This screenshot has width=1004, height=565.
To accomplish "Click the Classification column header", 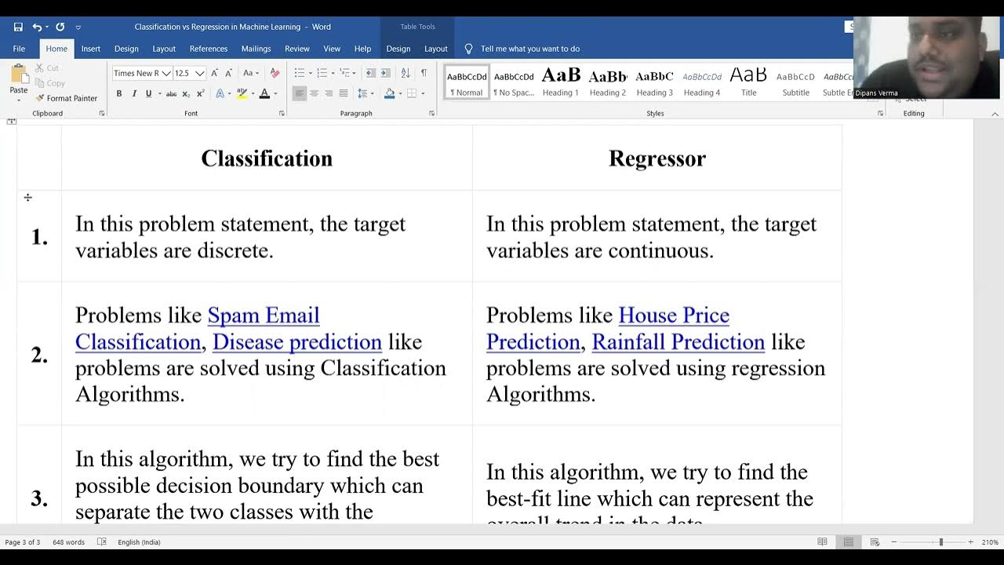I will click(267, 159).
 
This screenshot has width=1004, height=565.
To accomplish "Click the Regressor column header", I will click(657, 159).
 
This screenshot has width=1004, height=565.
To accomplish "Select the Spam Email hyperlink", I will click(263, 315).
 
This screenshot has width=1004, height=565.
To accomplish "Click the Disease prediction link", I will click(296, 342).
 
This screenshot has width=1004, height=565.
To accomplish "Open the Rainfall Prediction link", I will click(678, 342).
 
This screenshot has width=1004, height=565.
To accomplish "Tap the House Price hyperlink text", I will click(673, 315).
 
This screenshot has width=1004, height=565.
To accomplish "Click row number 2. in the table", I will click(39, 355).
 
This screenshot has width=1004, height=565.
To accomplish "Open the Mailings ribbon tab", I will click(256, 49).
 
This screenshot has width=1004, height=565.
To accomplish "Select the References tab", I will click(208, 49).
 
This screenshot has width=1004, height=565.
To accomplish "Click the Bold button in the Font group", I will click(119, 93).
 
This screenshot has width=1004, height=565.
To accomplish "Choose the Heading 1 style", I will click(560, 82).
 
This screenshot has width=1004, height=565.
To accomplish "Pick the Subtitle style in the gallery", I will click(795, 82).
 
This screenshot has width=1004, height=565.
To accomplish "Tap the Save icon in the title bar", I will click(18, 27).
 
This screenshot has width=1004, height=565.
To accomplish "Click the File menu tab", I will click(19, 49).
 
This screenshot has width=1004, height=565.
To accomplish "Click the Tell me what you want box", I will click(529, 49).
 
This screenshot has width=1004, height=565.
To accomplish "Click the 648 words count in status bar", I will click(68, 542).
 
